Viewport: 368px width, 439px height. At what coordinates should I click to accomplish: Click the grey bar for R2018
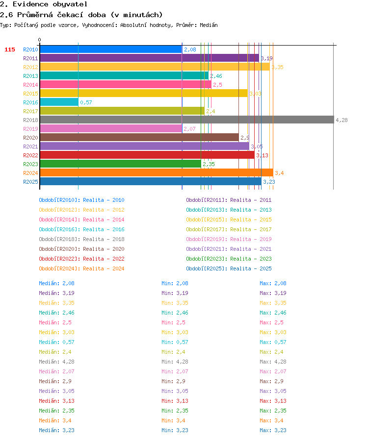[x=187, y=120]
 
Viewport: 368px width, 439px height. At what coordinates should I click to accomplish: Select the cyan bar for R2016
[x=59, y=102]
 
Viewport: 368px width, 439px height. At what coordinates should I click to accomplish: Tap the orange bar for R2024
[x=157, y=173]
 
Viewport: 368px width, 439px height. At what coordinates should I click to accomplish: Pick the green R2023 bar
[x=121, y=164]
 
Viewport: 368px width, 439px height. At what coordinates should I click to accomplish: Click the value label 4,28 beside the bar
[x=342, y=120]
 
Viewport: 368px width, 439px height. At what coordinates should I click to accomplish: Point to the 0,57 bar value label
[x=86, y=102]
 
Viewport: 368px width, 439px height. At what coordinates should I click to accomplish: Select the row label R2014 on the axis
[x=30, y=85]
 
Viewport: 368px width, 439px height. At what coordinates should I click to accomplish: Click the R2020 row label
[x=30, y=138]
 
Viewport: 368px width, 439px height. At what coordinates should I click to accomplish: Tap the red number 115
[x=10, y=49]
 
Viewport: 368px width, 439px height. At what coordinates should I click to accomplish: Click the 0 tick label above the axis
[x=40, y=40]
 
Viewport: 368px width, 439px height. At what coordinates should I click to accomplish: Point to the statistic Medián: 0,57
[x=56, y=342]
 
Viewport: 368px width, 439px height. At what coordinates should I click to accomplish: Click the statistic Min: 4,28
[x=175, y=362]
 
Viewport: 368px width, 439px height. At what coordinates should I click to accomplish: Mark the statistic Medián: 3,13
[x=56, y=401]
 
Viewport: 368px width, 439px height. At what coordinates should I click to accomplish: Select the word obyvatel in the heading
[x=70, y=4]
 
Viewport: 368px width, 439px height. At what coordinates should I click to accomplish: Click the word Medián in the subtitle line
[x=209, y=25]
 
